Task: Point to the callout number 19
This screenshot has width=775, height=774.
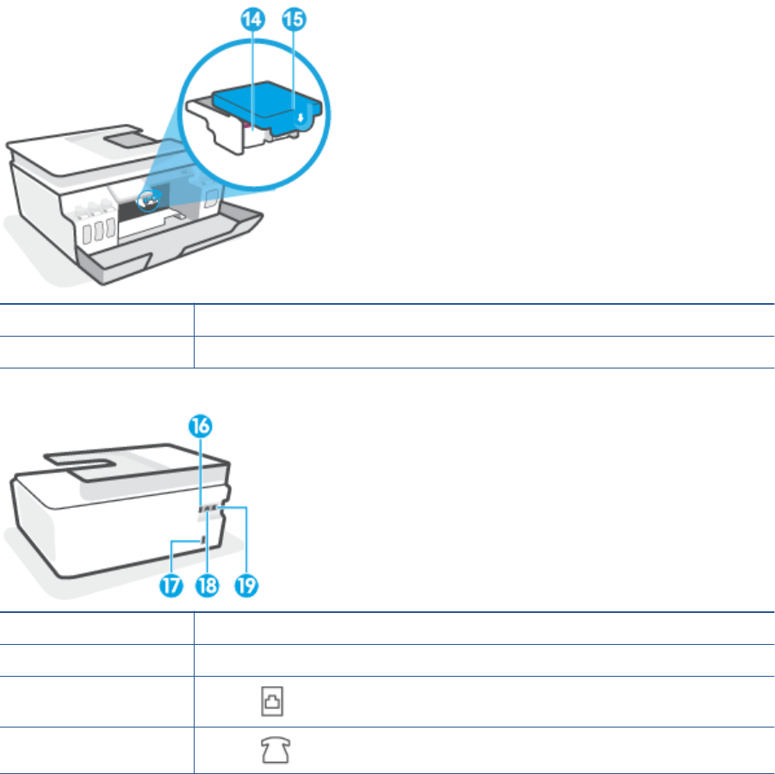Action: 245,585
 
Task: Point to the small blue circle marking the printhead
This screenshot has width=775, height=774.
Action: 150,198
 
